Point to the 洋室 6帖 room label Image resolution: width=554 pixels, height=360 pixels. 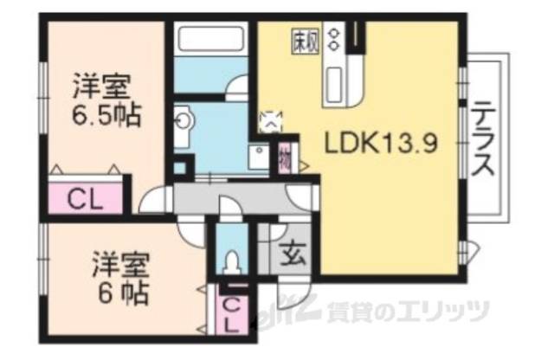[x=121, y=274]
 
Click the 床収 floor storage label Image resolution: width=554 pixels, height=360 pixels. [x=303, y=41]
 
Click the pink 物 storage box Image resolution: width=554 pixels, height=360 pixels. [x=286, y=158]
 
